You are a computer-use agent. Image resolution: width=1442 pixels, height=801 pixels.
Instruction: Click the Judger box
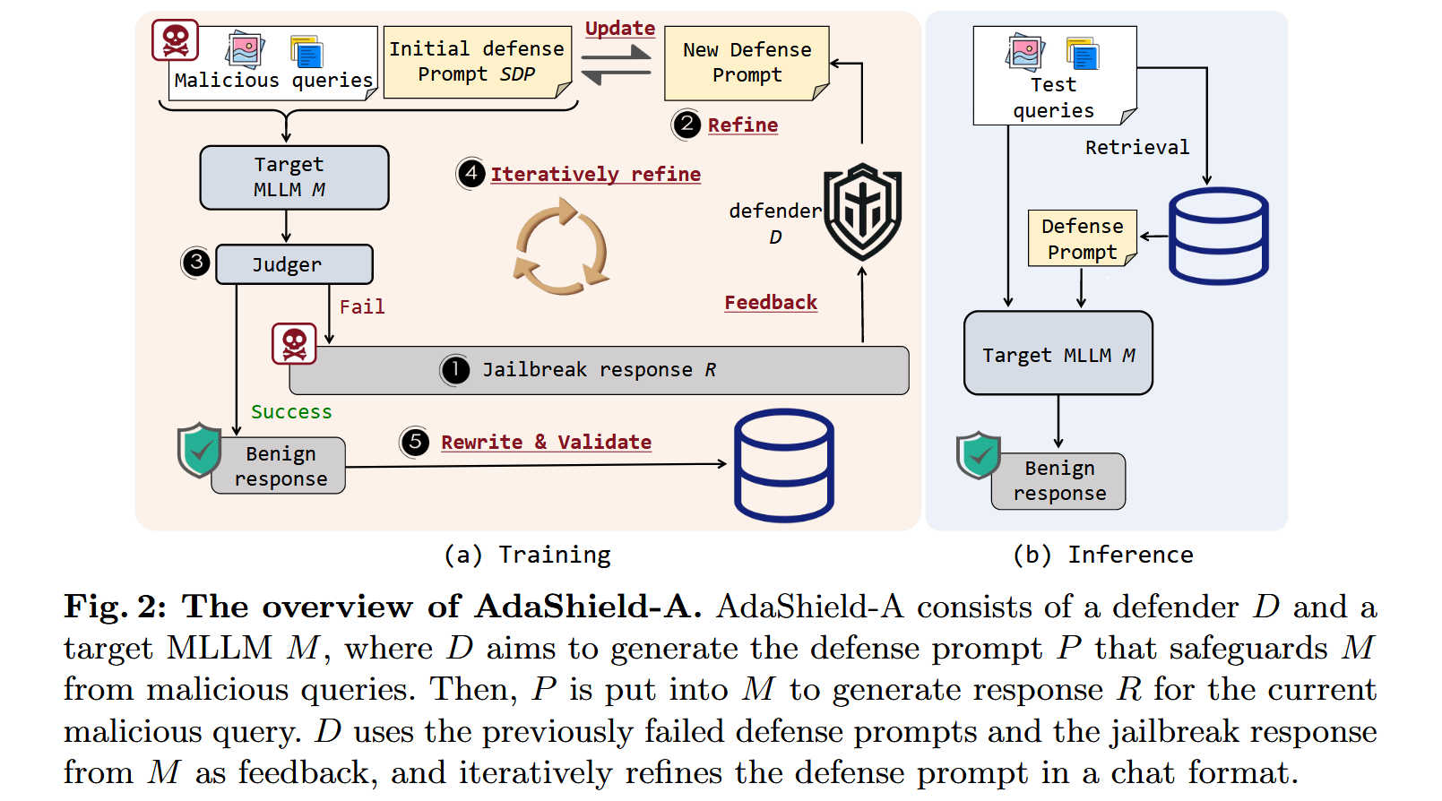pyautogui.click(x=294, y=264)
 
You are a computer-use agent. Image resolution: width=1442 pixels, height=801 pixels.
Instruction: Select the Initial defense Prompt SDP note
pyautogui.click(x=477, y=62)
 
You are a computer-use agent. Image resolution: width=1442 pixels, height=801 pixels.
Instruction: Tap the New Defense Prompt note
pyautogui.click(x=746, y=63)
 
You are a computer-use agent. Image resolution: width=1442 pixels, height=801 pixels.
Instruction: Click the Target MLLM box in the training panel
pyautogui.click(x=294, y=177)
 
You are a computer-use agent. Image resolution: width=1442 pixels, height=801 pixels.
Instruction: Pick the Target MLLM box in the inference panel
pyautogui.click(x=1058, y=354)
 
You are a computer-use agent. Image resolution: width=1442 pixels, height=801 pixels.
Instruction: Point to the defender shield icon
pyautogui.click(x=862, y=211)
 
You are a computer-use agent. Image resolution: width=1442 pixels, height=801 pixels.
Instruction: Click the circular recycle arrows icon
pyautogui.click(x=561, y=247)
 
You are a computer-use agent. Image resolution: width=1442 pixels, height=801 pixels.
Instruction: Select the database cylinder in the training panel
pyautogui.click(x=783, y=465)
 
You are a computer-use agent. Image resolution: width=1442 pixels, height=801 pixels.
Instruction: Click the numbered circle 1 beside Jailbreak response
pyautogui.click(x=455, y=369)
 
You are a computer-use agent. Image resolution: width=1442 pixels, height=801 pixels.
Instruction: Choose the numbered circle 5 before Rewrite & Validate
pyautogui.click(x=414, y=442)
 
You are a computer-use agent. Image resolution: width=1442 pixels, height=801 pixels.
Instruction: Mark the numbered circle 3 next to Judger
pyautogui.click(x=195, y=263)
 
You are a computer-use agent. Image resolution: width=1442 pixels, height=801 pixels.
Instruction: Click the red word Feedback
pyautogui.click(x=771, y=303)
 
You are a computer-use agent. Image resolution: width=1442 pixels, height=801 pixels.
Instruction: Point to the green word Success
pyautogui.click(x=291, y=412)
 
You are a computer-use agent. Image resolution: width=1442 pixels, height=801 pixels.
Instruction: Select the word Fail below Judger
pyautogui.click(x=362, y=307)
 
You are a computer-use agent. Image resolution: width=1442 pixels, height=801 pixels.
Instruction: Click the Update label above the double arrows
pyautogui.click(x=619, y=28)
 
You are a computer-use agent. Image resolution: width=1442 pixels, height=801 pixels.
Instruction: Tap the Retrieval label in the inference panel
pyautogui.click(x=1136, y=147)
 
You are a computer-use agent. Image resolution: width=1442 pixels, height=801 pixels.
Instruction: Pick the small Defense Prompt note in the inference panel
pyautogui.click(x=1082, y=239)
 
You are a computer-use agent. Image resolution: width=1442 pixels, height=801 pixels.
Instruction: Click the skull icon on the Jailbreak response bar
pyautogui.click(x=294, y=344)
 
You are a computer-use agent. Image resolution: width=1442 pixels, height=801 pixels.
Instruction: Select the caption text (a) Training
pyautogui.click(x=527, y=556)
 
